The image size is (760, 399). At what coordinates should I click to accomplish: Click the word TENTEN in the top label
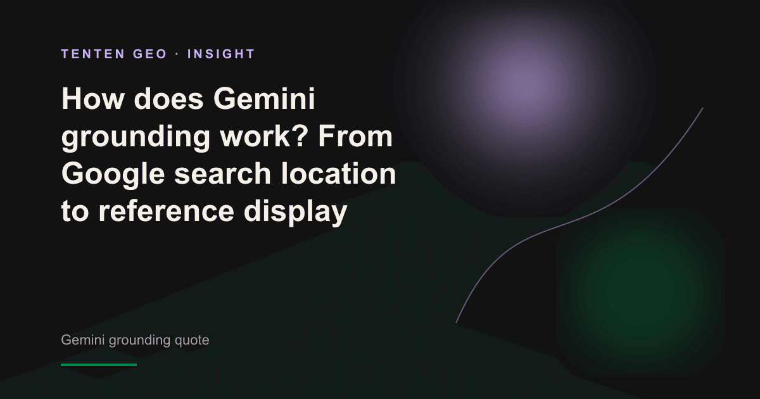[93, 54]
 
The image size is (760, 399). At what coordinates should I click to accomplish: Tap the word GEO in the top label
[150, 54]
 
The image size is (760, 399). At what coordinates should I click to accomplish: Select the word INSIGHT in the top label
[221, 54]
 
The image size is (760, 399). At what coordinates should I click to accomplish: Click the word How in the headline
[92, 99]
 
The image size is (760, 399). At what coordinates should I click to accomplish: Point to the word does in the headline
[168, 99]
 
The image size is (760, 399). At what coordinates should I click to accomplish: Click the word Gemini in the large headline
[264, 99]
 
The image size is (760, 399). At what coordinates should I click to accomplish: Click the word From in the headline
[355, 136]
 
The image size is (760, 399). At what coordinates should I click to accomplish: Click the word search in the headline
[222, 174]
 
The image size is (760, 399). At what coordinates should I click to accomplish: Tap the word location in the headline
[338, 174]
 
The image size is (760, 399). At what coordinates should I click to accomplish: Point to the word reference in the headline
[166, 211]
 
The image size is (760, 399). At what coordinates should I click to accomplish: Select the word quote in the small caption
[192, 340]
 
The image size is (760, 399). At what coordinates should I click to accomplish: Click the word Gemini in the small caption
[83, 339]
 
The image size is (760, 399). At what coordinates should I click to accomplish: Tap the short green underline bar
[99, 365]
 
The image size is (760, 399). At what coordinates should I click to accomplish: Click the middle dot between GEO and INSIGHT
[177, 54]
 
